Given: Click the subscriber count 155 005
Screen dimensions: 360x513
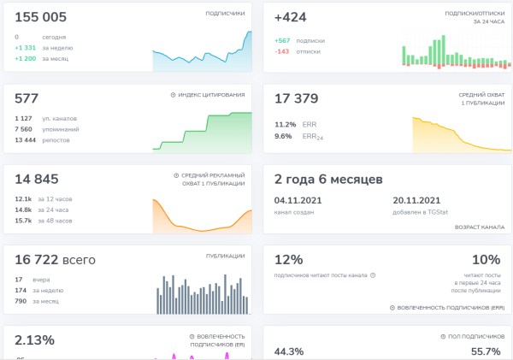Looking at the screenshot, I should pyautogui.click(x=41, y=17).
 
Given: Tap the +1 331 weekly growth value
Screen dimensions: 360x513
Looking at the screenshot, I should pyautogui.click(x=25, y=48).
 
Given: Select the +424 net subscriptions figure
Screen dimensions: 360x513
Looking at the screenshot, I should pyautogui.click(x=291, y=17).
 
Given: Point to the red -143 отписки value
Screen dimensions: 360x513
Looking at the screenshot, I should pyautogui.click(x=282, y=51).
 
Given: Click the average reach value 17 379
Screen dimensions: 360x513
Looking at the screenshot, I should pyautogui.click(x=296, y=98).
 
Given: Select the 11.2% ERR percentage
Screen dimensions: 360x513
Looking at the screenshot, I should pyautogui.click(x=285, y=124).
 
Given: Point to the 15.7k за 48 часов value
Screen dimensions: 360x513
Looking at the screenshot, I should pyautogui.click(x=23, y=221).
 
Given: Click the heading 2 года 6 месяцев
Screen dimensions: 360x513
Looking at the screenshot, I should pyautogui.click(x=328, y=179).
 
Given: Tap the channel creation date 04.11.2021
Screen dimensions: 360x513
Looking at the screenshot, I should pyautogui.click(x=297, y=200).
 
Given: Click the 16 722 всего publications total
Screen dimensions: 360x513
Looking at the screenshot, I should pyautogui.click(x=55, y=259).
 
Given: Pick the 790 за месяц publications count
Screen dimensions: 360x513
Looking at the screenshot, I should pyautogui.click(x=21, y=301).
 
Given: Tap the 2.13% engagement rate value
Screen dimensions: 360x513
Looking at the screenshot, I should pyautogui.click(x=34, y=339).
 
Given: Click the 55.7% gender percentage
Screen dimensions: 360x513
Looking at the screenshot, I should pyautogui.click(x=486, y=351).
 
